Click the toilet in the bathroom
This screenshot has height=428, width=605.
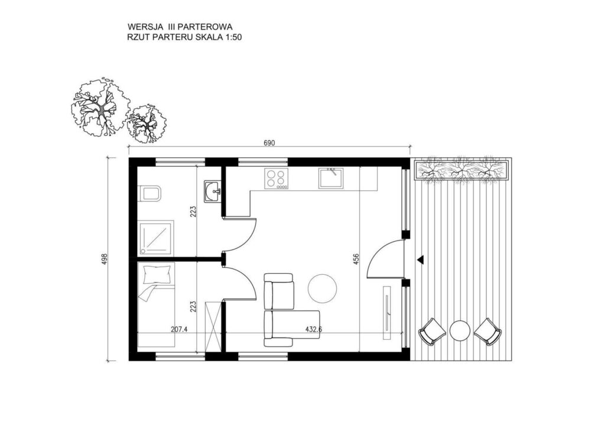coord(150,193)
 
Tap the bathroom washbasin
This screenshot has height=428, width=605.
coord(213,191)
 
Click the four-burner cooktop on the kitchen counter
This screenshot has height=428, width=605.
coord(277,178)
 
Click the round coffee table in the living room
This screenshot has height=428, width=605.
coord(323,288)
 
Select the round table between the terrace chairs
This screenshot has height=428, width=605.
coord(459,330)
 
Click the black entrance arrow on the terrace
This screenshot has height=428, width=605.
coord(420,259)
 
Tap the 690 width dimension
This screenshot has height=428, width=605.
coord(269,143)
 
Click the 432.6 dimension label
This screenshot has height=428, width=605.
coord(311,329)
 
